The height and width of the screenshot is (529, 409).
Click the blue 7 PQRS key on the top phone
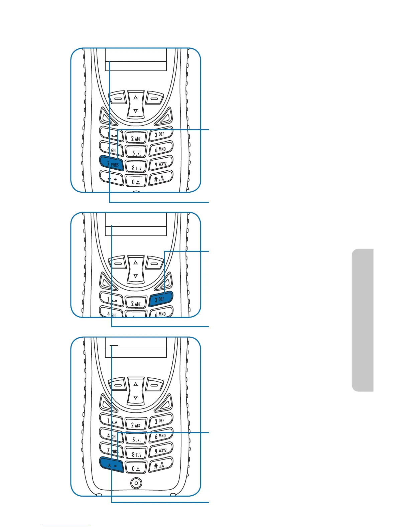112,164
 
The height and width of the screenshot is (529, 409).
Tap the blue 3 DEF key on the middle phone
161,299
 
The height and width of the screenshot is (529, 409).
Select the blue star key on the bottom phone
112,465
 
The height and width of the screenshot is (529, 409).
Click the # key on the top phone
160,179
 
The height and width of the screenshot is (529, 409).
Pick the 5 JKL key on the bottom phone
136,439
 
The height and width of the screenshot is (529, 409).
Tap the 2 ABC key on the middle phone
136,303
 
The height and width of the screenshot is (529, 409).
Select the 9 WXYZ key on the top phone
161,164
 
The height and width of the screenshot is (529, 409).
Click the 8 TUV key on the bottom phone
136,454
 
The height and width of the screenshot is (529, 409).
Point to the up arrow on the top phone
136,98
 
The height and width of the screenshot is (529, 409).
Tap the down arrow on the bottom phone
136,397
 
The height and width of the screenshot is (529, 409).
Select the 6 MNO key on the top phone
161,149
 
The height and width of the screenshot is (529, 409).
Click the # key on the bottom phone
160,465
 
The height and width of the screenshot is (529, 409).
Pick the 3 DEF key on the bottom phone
161,421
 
